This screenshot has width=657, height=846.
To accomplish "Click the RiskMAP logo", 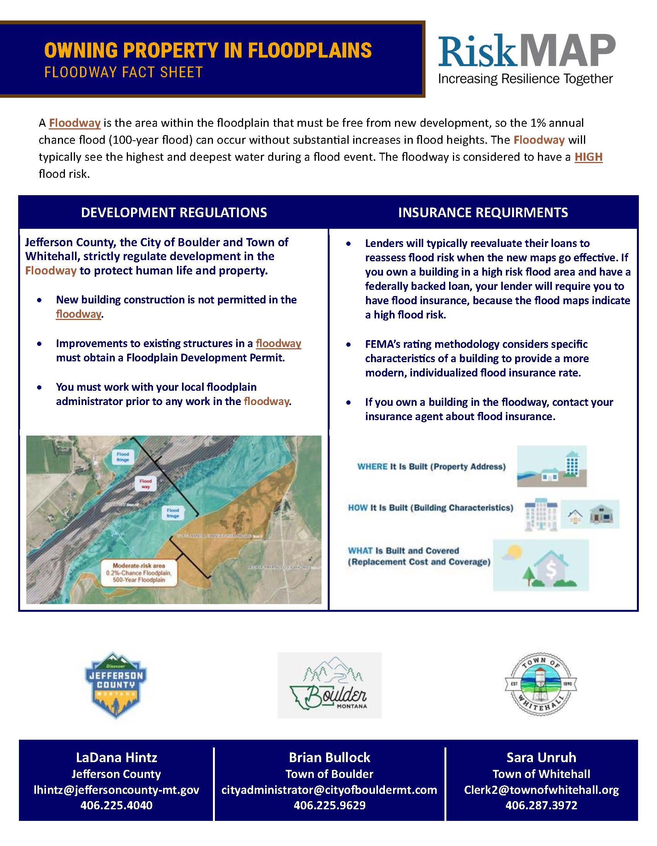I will pos(526,58).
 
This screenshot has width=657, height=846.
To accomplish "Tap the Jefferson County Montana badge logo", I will pos(116,686).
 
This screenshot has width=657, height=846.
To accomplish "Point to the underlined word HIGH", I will pos(588,157).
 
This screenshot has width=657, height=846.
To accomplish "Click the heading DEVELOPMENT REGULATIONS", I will pos(174,212).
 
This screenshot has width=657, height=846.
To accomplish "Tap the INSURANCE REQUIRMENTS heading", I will pos(483,212).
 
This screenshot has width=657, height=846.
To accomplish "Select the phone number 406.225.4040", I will pos(116,805).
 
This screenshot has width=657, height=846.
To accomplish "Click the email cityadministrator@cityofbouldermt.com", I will pos(329,790).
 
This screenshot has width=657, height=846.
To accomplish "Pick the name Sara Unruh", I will pos(541,757).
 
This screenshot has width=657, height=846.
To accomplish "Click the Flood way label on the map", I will pos(146,484).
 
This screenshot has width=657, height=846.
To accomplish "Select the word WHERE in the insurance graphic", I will pos(372,466).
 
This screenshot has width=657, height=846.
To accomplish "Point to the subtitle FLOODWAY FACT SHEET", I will pos(124,72).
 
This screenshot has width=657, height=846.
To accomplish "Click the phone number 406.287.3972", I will pos(541,805).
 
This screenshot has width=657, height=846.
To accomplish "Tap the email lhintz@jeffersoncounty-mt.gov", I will pos(116,790).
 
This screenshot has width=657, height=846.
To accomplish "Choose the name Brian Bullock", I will pos(329,757).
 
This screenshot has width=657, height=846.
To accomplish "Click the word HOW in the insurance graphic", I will pos(357,507).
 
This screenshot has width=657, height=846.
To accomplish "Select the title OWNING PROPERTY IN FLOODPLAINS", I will pos(208,50).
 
